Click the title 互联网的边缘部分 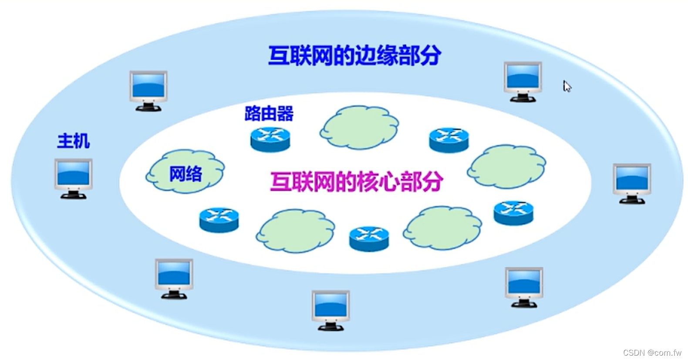click(354, 56)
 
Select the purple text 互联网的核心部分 click(356, 181)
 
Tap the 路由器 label click(269, 114)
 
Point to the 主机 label click(73, 141)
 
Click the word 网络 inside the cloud click(185, 174)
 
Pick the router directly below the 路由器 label click(270, 139)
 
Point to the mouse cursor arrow click(567, 86)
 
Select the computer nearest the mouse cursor click(523, 81)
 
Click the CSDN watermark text click(651, 353)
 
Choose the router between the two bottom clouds click(369, 238)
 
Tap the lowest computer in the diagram click(331, 310)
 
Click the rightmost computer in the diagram click(631, 183)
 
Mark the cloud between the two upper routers click(360, 127)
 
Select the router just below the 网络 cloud click(219, 219)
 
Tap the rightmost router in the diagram click(513, 212)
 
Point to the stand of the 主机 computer click(73, 195)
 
